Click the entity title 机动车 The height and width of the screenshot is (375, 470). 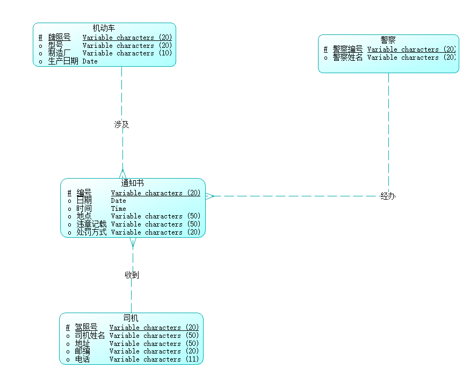coord(104,28)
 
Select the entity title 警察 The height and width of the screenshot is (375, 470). coord(388,40)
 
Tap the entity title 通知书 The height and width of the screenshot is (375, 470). coord(132,183)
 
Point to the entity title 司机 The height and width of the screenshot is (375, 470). coord(131,318)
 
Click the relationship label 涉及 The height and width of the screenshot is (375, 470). coord(121,124)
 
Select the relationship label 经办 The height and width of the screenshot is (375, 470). coord(388,196)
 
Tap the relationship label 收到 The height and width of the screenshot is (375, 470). coord(132,275)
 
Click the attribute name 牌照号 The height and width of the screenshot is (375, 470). coord(59,38)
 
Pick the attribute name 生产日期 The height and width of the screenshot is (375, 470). coord(63,61)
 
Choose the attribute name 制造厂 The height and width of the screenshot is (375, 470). coord(59,53)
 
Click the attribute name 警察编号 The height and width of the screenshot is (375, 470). coord(348,49)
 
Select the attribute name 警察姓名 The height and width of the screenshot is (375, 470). coord(348,58)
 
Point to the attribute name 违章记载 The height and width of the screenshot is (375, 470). coord(91,224)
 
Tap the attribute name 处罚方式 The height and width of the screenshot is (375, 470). coord(91,232)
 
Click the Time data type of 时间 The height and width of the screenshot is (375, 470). coord(119,209)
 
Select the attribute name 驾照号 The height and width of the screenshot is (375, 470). coord(86,327)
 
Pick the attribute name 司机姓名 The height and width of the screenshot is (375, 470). coord(90,336)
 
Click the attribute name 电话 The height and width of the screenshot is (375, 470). coord(82,359)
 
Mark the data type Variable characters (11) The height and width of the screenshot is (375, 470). coord(154,359)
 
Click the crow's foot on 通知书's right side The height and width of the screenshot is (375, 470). coord(209,196)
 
